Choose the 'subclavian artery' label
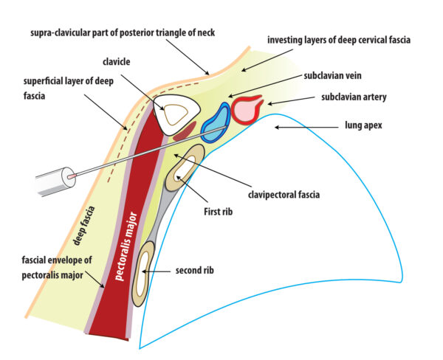[x=353, y=97]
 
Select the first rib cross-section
[x=184, y=169]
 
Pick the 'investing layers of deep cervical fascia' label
[x=338, y=38]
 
